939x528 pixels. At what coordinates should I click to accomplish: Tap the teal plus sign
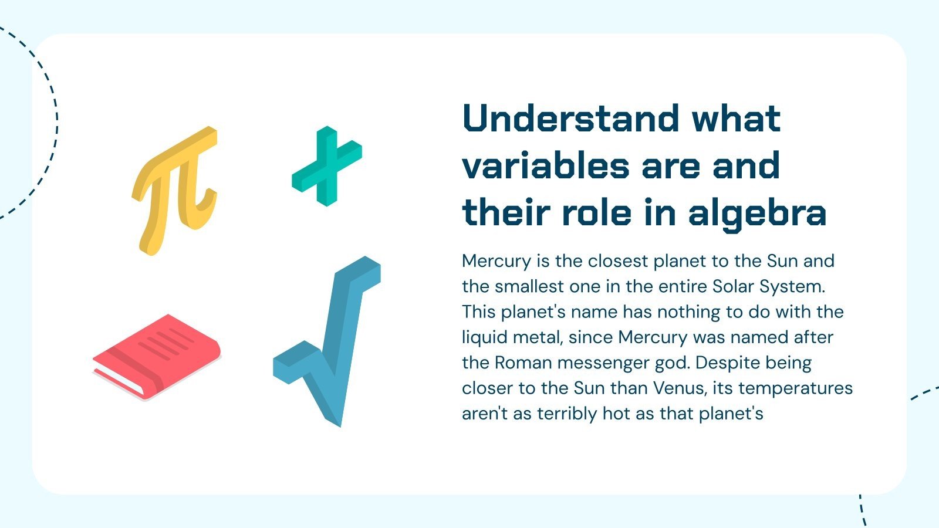coord(326,165)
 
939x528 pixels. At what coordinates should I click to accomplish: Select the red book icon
coord(157,356)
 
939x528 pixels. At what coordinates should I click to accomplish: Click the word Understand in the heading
coord(571,119)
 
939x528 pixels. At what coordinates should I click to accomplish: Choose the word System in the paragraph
coord(792,286)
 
